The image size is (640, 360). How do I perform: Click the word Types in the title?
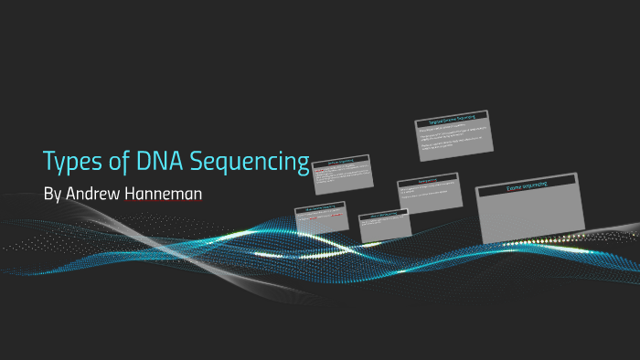tap(73, 163)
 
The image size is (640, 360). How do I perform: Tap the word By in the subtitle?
tap(53, 195)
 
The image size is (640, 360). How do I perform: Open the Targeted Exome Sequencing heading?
tap(452, 119)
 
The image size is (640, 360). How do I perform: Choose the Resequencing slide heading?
tap(426, 181)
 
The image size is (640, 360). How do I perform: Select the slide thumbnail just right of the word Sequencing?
tap(342, 173)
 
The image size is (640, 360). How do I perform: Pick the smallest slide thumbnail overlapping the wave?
tap(384, 227)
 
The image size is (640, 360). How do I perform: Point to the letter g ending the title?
tap(303, 165)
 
